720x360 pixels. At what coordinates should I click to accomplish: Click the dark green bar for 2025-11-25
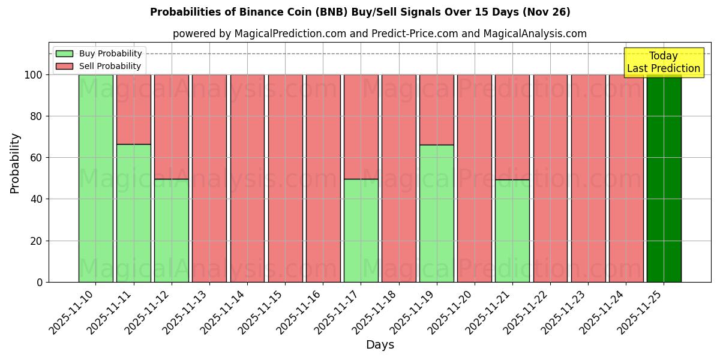tap(664, 178)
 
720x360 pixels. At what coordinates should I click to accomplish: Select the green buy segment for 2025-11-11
tap(133, 213)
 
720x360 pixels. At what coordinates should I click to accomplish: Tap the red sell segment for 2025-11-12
tap(171, 127)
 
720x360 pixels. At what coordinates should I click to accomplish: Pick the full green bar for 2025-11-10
tap(95, 178)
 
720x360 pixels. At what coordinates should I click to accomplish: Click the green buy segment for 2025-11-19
tap(436, 213)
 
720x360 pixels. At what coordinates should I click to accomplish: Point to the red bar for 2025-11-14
tap(247, 178)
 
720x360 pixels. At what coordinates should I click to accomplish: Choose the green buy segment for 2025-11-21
tap(512, 230)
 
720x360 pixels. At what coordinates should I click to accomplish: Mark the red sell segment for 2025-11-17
tap(361, 127)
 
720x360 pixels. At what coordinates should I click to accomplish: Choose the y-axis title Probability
tap(15, 163)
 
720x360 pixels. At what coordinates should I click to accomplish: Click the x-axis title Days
tap(380, 345)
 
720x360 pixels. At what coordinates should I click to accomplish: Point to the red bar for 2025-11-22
tap(550, 178)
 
